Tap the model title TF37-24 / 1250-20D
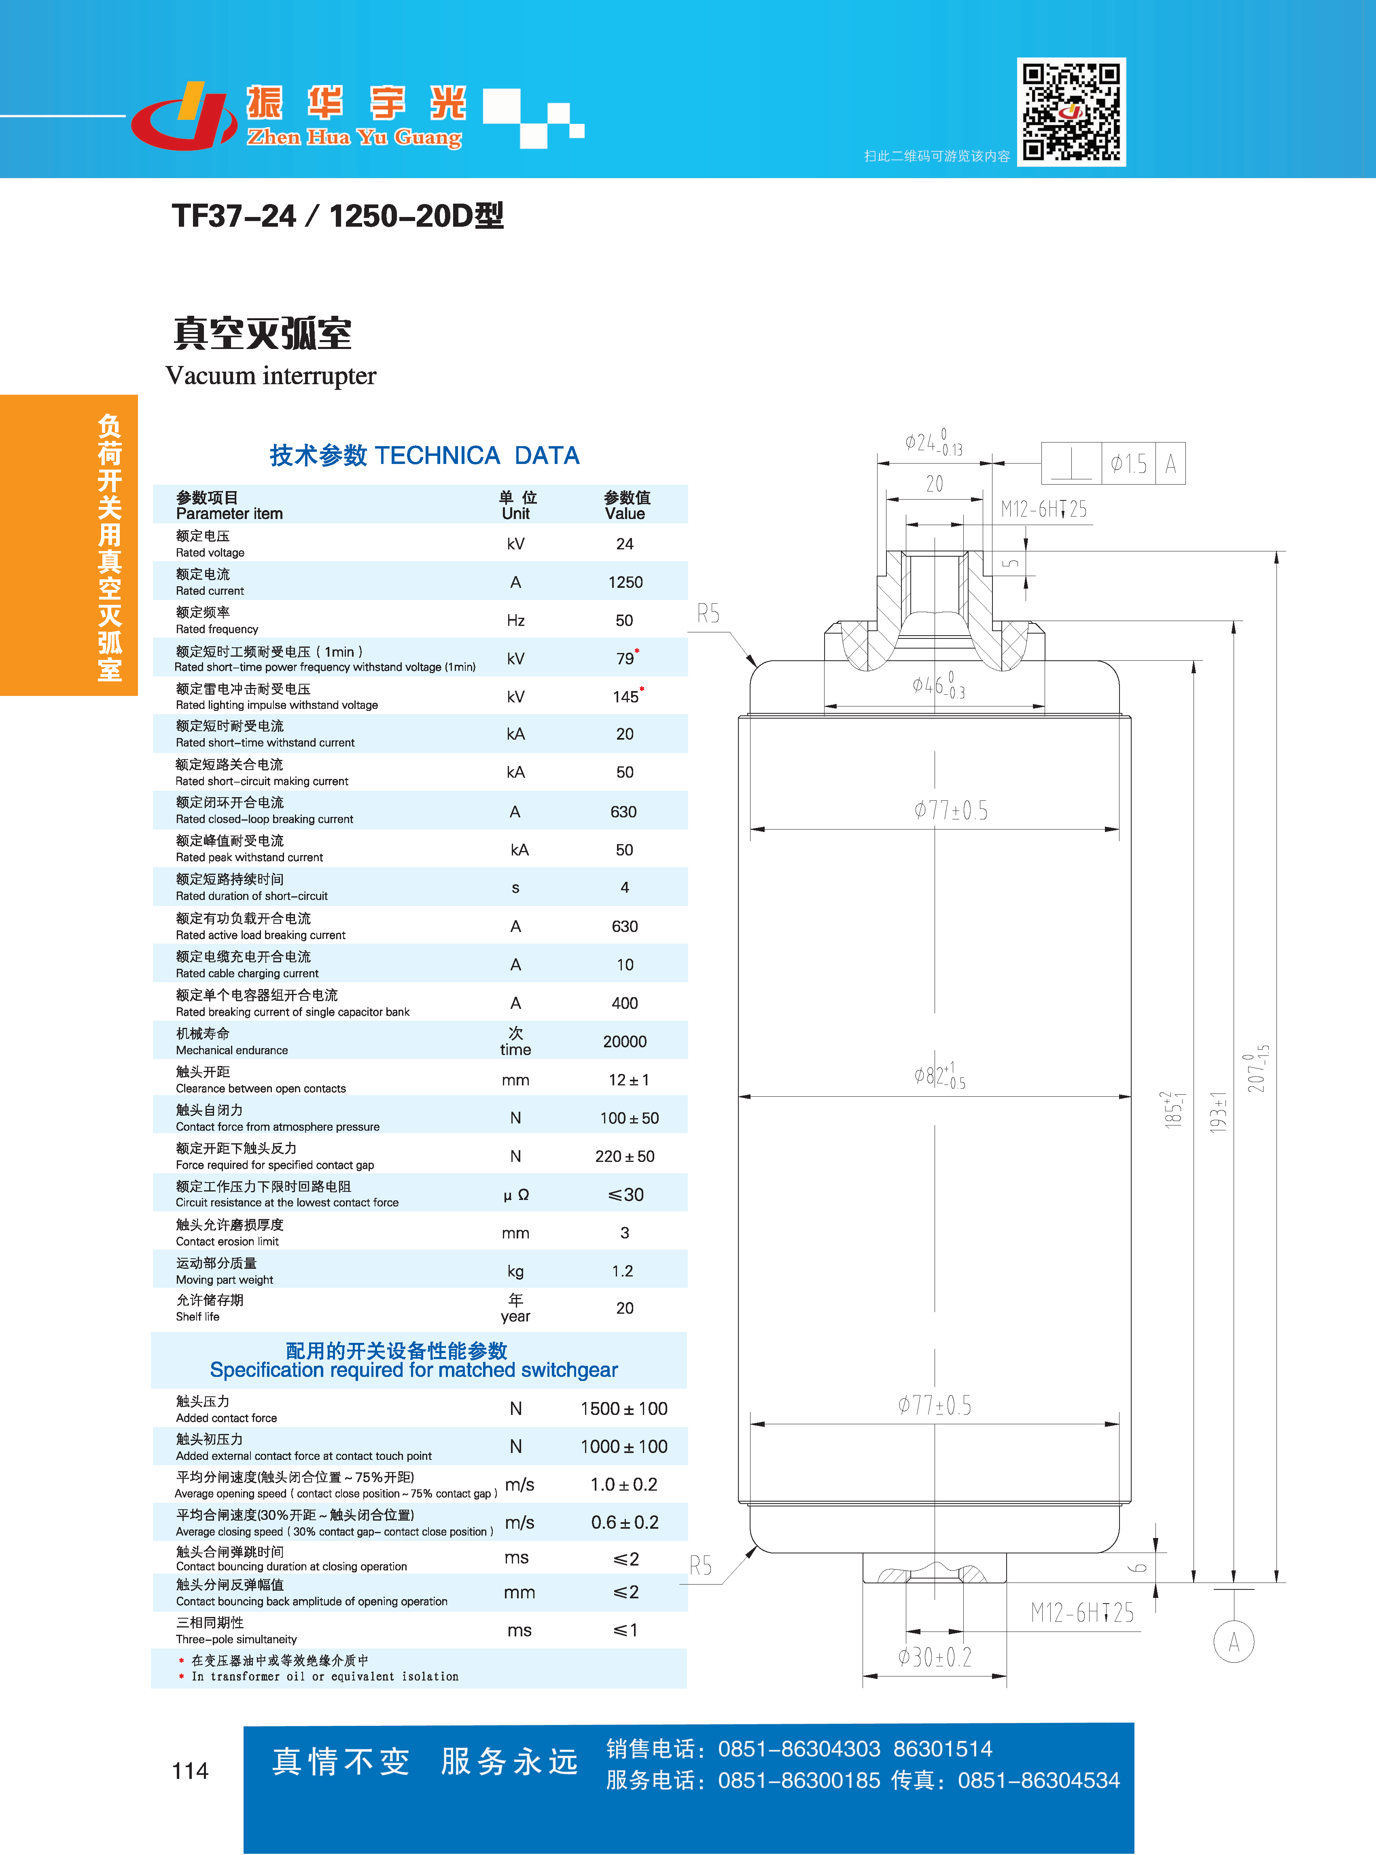(337, 216)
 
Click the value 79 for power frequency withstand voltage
(625, 658)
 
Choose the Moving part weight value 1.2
(623, 1271)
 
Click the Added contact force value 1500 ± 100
(624, 1408)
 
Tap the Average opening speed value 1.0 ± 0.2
(624, 1484)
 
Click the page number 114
(190, 1770)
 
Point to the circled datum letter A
(1234, 1642)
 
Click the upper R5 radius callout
(708, 613)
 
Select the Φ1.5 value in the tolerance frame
(1129, 463)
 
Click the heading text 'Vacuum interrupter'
(271, 376)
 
